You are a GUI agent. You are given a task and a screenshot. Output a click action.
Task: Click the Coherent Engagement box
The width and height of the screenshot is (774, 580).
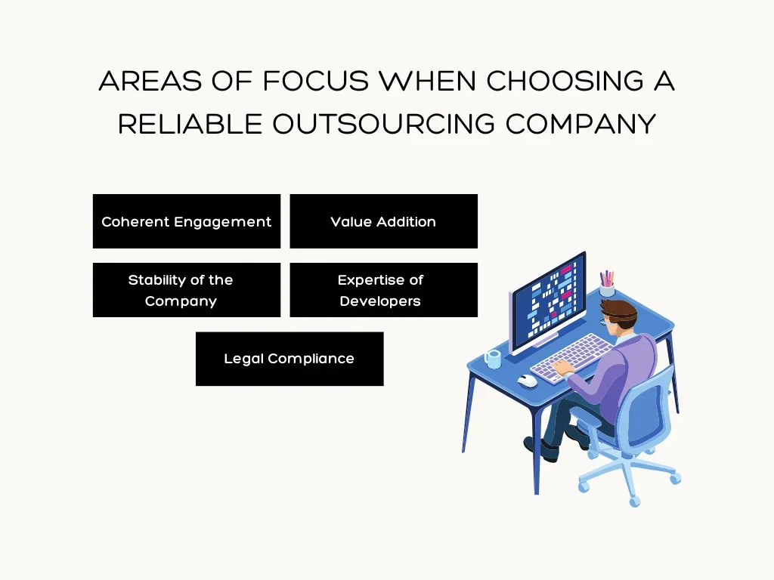[x=187, y=221]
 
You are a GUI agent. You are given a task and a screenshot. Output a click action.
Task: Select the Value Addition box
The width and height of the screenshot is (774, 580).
[x=383, y=221]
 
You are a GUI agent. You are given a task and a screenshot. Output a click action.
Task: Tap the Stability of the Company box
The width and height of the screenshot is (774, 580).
[x=187, y=290]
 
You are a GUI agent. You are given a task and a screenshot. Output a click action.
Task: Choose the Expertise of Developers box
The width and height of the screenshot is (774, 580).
[x=383, y=290]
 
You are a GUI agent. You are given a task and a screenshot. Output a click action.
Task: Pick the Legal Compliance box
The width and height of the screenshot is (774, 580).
[x=289, y=359]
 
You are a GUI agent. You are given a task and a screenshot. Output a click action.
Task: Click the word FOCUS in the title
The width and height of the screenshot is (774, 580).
[x=316, y=80]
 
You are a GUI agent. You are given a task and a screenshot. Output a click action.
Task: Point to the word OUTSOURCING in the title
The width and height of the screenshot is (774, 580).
[x=383, y=123]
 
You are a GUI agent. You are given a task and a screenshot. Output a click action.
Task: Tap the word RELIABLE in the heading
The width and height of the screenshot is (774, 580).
[x=190, y=123]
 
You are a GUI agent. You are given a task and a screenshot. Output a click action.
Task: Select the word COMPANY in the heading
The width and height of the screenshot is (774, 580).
[x=581, y=123]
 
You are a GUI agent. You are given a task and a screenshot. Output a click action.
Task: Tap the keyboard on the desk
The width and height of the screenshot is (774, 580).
[x=571, y=356]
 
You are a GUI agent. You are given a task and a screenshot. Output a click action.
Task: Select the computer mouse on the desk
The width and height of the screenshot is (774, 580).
[x=527, y=381]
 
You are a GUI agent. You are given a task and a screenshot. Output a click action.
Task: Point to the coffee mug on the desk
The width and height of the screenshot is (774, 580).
[x=493, y=359]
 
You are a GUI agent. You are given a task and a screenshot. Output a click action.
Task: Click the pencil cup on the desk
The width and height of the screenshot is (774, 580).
[x=607, y=284]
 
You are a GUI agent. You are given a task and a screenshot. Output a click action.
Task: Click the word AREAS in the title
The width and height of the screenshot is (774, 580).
[x=150, y=80]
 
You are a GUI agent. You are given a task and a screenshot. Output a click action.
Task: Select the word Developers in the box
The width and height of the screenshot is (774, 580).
[x=380, y=301]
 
